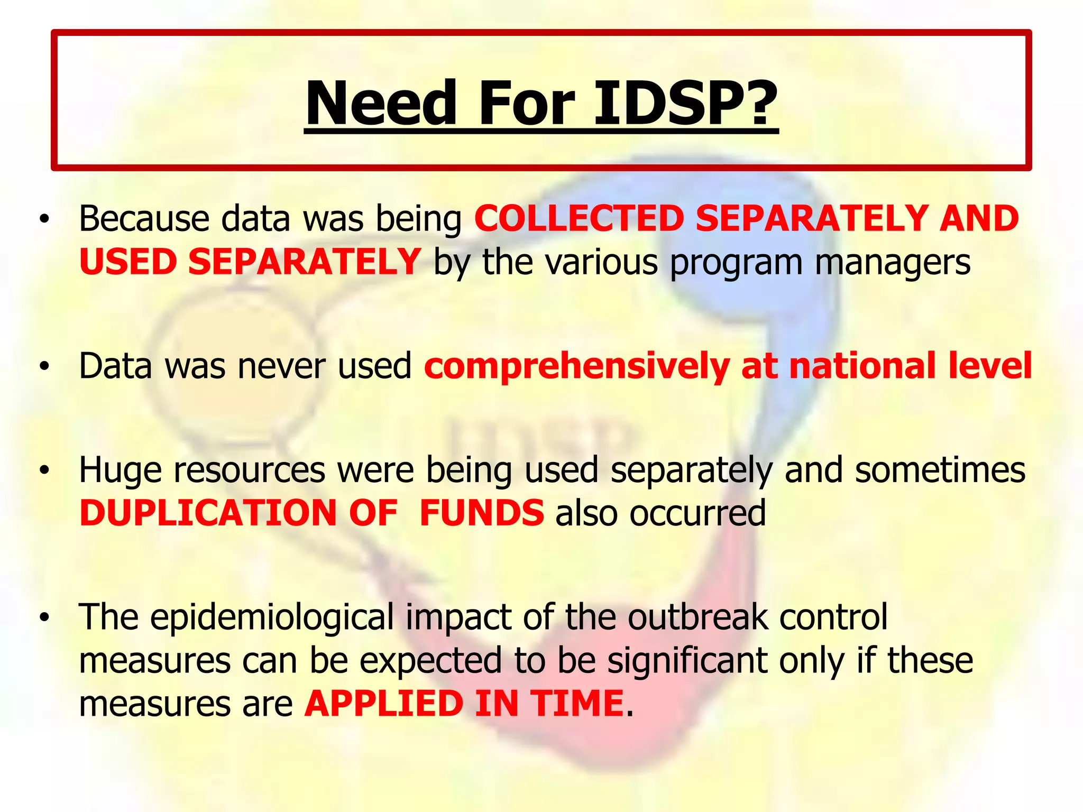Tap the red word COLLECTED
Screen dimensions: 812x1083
pos(579,218)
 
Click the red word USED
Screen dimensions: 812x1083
pos(128,262)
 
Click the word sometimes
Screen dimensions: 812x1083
pos(940,470)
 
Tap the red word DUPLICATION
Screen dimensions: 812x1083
pos(208,513)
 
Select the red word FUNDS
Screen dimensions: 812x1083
pos(481,513)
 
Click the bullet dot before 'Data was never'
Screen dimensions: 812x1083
pos(46,366)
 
